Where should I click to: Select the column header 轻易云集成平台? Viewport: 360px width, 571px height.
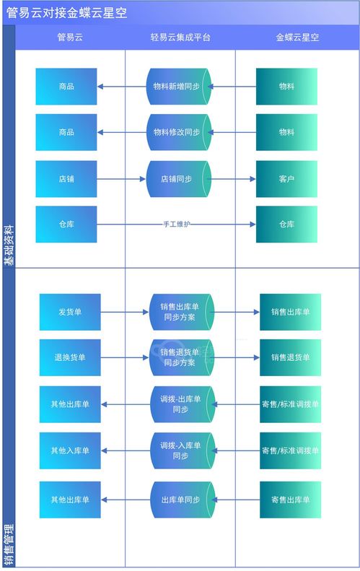pos(180,38)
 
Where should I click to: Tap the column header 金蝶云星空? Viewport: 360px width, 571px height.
pos(297,38)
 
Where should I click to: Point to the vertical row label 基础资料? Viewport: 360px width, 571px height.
pos(9,245)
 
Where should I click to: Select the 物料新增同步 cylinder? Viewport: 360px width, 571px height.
pos(177,87)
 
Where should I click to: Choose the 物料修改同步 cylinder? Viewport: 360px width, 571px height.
pos(177,132)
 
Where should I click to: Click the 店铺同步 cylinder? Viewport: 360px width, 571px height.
pos(177,178)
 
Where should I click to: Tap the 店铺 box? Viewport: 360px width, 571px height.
pos(66,178)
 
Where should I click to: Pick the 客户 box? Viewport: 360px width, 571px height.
pos(286,178)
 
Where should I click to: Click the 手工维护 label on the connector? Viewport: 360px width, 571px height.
pos(177,225)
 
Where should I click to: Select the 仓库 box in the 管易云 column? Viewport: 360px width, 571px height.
pos(66,225)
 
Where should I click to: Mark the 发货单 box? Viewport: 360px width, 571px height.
pos(70,312)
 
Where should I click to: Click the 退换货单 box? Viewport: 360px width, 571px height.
pos(70,357)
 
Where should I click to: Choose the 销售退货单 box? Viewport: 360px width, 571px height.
pos(290,357)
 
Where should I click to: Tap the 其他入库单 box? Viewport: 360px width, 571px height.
pos(70,450)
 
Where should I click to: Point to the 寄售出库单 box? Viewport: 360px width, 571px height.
pos(290,500)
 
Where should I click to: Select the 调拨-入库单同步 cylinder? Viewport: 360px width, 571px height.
pos(180,450)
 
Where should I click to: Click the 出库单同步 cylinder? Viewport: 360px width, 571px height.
pos(180,500)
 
